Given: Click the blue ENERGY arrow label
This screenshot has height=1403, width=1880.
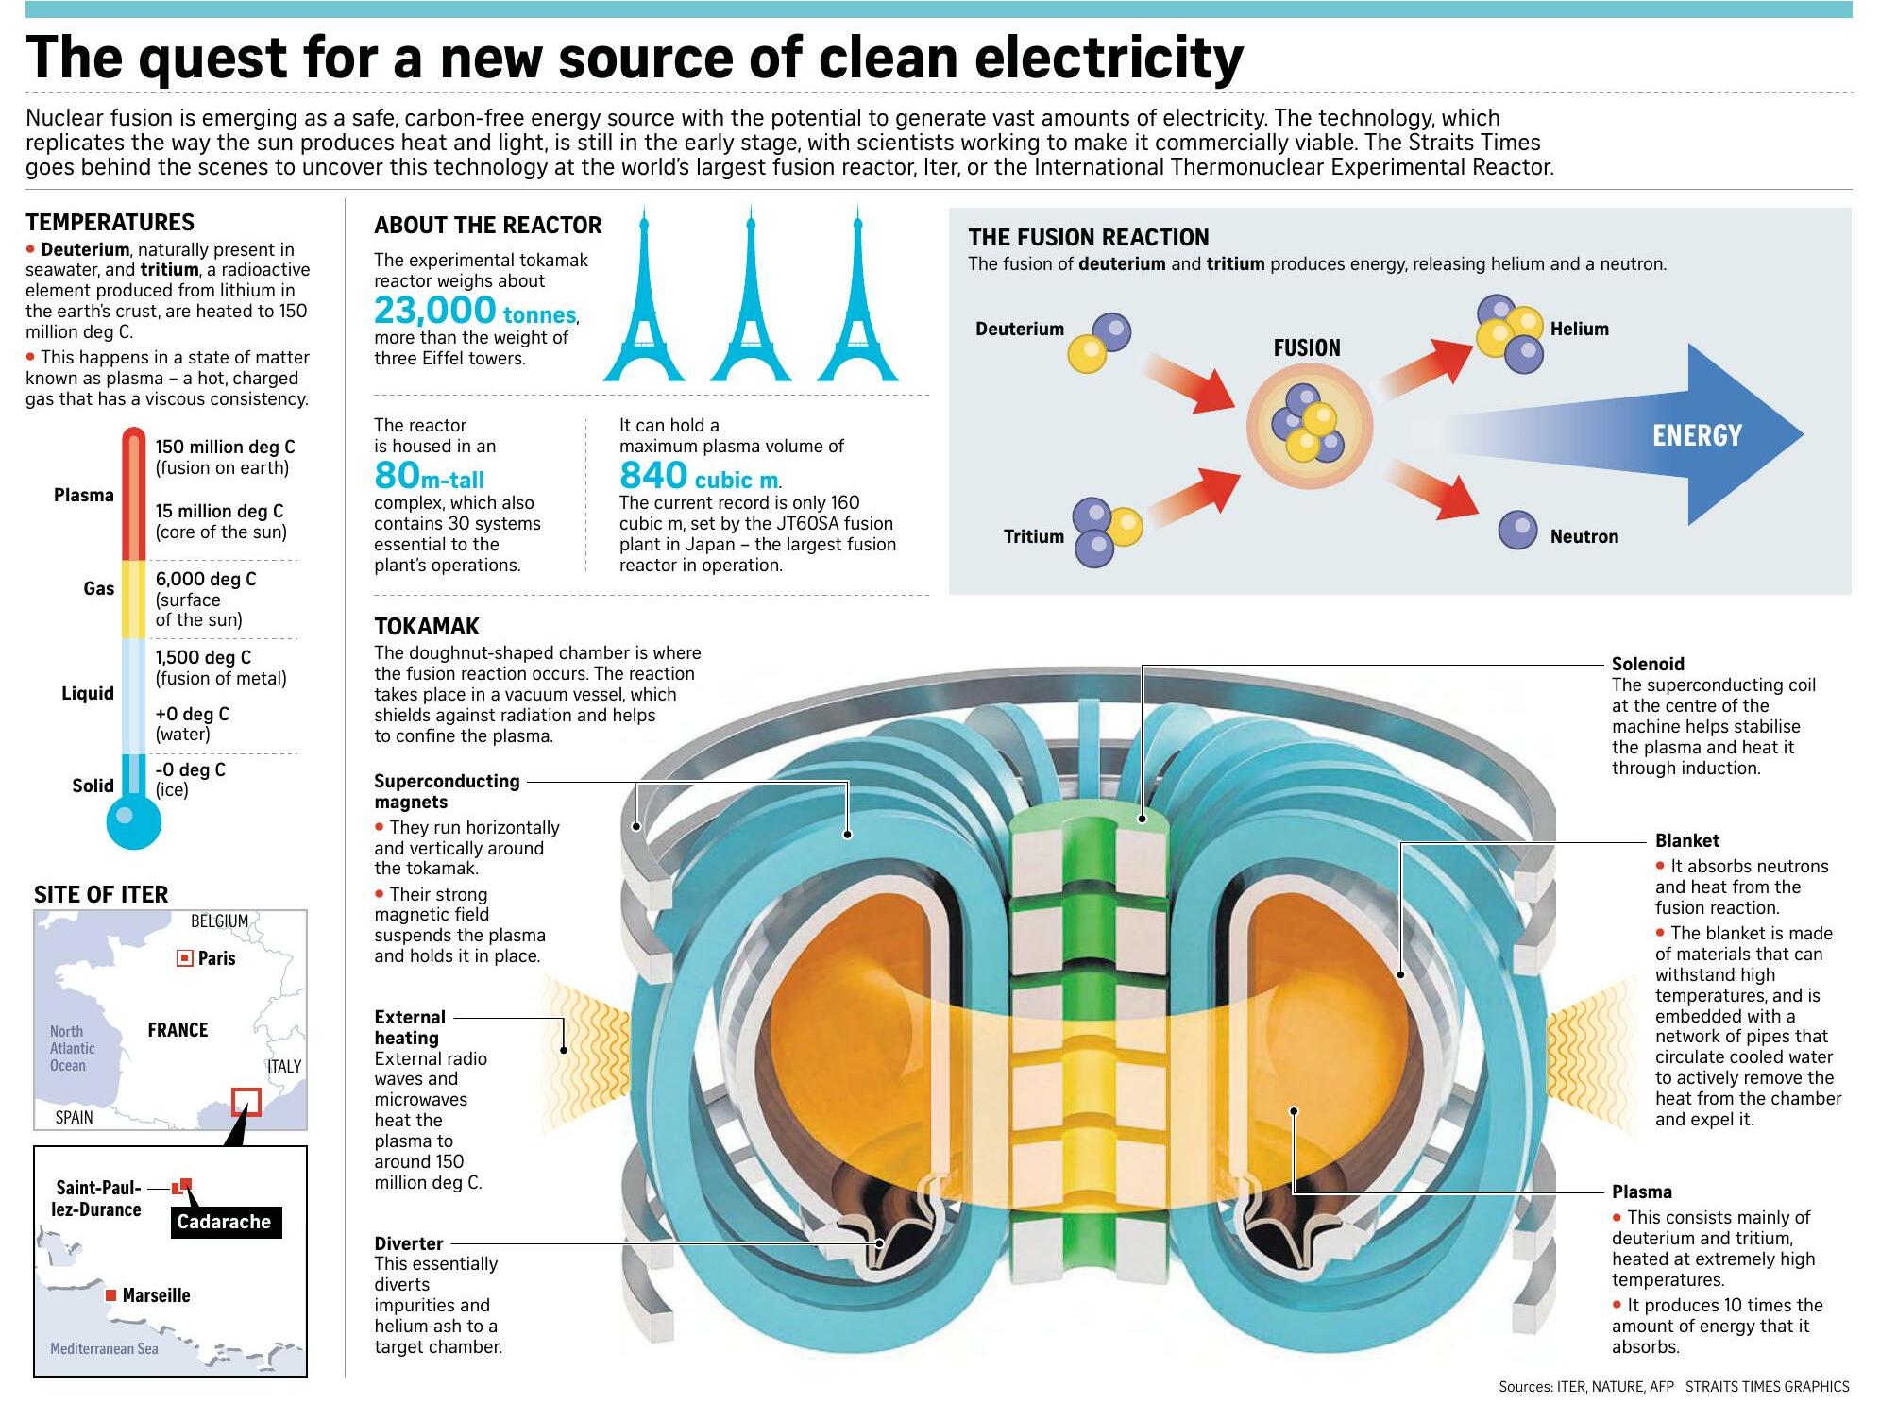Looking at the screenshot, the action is point(1696,435).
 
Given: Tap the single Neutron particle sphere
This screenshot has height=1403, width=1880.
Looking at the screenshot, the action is point(1517,531).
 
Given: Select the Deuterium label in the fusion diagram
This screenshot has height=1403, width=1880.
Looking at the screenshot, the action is point(1019,329).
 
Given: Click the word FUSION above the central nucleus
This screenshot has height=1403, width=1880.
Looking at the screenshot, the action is point(1306,347).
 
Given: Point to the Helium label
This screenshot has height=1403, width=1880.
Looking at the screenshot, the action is point(1579,329).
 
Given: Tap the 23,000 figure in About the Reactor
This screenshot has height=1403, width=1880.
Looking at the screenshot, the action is point(434,310).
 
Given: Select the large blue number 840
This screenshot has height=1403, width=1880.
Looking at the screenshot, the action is point(653,474).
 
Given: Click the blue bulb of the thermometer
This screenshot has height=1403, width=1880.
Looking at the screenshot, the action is point(134,822).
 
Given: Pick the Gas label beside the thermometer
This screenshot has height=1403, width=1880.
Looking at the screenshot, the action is point(98,588).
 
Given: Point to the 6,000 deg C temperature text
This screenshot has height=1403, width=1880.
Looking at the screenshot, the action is point(206,579).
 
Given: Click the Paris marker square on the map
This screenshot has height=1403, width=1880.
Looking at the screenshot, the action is point(185,959).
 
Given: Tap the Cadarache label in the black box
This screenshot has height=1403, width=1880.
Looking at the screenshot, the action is point(224,1222).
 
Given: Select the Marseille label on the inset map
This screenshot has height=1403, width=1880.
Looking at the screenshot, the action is point(156,1295).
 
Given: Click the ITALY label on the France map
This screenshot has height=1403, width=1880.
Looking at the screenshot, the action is point(284,1066).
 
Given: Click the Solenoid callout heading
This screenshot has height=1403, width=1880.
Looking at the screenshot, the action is point(1648,664).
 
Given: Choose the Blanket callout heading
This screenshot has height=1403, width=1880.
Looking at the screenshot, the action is point(1686,840).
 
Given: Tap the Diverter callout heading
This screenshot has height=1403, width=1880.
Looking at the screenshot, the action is point(408,1243).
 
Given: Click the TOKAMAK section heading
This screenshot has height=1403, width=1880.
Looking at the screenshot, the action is point(427,626).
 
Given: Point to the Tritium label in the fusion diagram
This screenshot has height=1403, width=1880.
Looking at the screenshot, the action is point(1033,536).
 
